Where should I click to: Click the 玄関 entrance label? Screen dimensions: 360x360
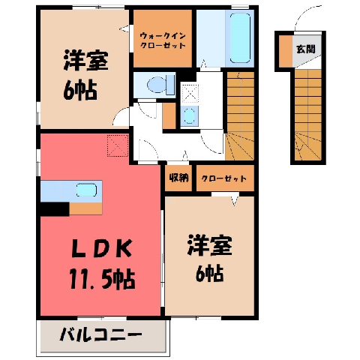pyautogui.click(x=305, y=49)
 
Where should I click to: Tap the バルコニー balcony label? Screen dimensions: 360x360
pyautogui.click(x=100, y=334)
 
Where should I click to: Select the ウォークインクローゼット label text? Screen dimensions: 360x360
pyautogui.click(x=163, y=40)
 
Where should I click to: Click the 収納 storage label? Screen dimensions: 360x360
pyautogui.click(x=178, y=178)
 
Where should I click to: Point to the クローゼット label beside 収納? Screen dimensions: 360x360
pyautogui.click(x=224, y=178)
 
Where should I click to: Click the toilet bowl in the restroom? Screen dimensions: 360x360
pyautogui.click(x=156, y=85)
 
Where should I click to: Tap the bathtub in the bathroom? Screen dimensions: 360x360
pyautogui.click(x=240, y=38)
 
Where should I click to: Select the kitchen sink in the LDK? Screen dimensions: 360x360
pyautogui.click(x=86, y=190)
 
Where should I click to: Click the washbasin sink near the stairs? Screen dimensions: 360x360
pyautogui.click(x=189, y=115)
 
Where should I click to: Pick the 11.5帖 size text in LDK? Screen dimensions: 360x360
pyautogui.click(x=103, y=279)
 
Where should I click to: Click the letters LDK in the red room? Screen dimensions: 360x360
pyautogui.click(x=102, y=248)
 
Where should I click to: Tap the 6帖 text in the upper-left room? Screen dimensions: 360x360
pyautogui.click(x=80, y=90)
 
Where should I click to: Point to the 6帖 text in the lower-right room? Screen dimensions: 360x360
pyautogui.click(x=209, y=273)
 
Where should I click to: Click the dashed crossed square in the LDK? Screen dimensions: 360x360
pyautogui.click(x=118, y=145)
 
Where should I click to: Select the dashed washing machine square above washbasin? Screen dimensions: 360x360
pyautogui.click(x=190, y=94)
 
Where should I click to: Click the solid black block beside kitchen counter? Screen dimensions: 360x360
pyautogui.click(x=55, y=209)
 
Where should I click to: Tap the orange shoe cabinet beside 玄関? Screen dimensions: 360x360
pyautogui.click(x=286, y=51)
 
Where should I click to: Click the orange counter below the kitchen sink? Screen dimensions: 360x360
pyautogui.click(x=85, y=208)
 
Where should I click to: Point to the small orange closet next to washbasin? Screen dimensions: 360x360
pyautogui.click(x=169, y=115)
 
